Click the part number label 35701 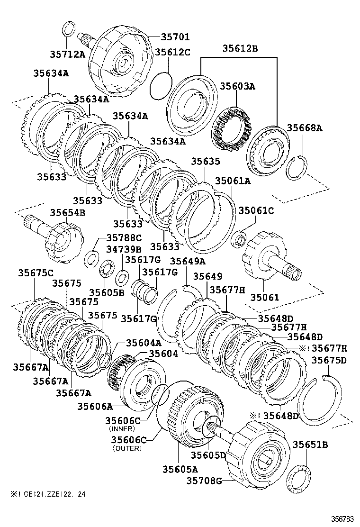(x=162, y=36)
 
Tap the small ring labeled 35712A (x=69, y=28)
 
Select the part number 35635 (x=205, y=162)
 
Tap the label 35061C (x=256, y=210)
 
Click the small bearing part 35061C (x=238, y=238)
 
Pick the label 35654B (x=67, y=212)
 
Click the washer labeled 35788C (x=91, y=259)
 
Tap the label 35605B (x=107, y=293)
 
